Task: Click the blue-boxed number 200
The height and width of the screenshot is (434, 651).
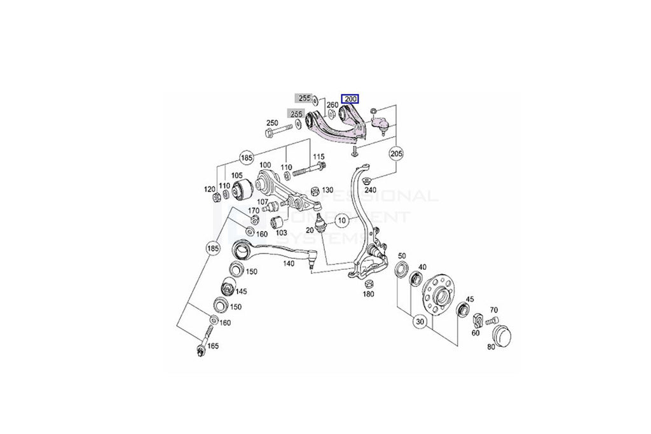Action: coord(350,99)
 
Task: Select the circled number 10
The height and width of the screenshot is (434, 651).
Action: coord(342,221)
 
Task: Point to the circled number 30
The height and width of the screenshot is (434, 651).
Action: coord(420,322)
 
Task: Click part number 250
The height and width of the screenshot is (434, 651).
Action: coord(272,123)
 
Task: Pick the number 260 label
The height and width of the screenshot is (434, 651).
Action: coord(332,105)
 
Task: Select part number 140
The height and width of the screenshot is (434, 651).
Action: coord(289,263)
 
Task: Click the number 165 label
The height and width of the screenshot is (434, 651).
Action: coord(213,346)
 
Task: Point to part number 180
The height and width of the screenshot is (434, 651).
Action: coord(369,294)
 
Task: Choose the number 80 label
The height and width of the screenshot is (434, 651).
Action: coord(490,347)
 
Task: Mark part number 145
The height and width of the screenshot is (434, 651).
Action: coord(242,291)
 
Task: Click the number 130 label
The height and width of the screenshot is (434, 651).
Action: coord(327,190)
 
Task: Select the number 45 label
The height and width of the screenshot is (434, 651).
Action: coord(470,298)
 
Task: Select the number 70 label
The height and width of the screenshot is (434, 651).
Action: coord(494,310)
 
